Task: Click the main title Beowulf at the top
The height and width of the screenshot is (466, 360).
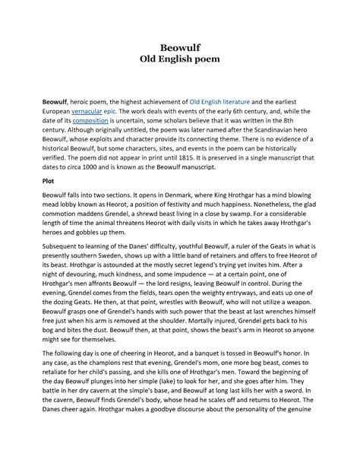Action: [180, 47]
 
